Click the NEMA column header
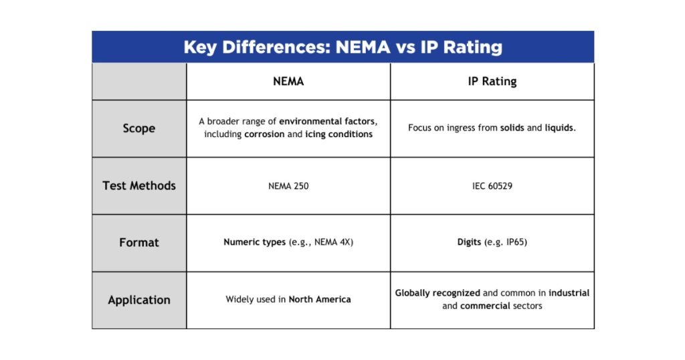point(288,82)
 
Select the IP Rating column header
point(492,82)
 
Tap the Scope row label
point(139,128)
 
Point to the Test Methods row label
point(139,185)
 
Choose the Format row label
point(139,242)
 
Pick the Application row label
point(139,300)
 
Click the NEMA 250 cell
point(288,185)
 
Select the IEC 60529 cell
point(492,185)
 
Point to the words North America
point(320,299)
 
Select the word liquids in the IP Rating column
point(559,127)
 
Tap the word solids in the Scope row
point(512,127)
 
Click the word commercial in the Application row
point(485,306)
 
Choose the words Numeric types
point(254,242)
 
